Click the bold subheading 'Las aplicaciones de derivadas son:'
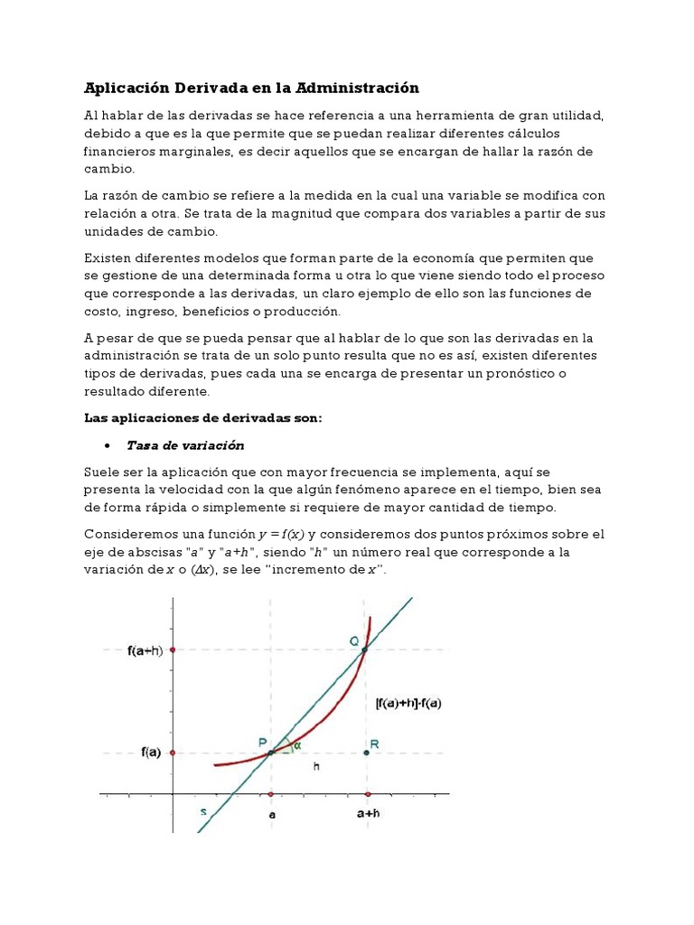[x=202, y=417]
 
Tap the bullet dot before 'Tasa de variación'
[x=108, y=445]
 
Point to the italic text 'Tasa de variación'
[x=185, y=445]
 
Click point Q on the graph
[x=365, y=649]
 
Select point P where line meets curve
[x=270, y=752]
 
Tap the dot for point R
[x=366, y=752]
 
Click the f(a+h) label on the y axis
[x=145, y=649]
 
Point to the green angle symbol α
[x=296, y=744]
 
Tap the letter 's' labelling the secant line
[x=203, y=811]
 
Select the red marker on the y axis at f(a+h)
[x=172, y=649]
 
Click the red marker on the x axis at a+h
[x=366, y=795]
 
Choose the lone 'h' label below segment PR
[x=315, y=766]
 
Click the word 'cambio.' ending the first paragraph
[x=109, y=169]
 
